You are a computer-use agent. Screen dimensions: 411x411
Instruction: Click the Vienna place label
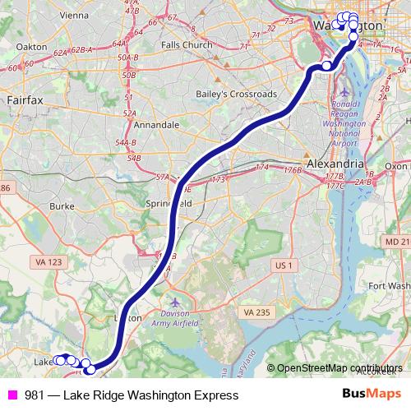pos(73,15)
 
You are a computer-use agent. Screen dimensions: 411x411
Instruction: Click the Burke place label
pos(62,206)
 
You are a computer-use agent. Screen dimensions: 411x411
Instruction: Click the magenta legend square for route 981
pos(12,395)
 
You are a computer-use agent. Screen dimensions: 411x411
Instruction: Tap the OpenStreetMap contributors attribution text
pos(339,368)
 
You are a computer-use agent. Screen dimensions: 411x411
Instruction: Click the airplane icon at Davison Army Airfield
pos(171,302)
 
